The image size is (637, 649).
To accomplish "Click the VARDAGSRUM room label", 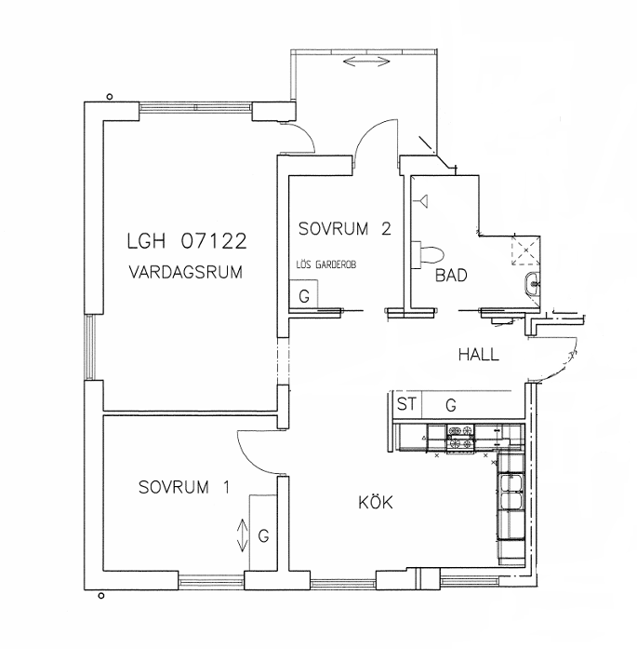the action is click(x=186, y=272).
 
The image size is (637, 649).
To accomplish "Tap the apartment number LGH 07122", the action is click(x=187, y=241).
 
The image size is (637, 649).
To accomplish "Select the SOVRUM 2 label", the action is click(x=345, y=228).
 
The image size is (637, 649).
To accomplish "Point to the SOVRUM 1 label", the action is click(x=184, y=487).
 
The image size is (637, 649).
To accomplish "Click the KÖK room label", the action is click(x=376, y=502).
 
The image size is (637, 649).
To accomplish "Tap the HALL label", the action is click(x=479, y=355).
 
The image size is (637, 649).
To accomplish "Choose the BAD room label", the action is click(x=451, y=276).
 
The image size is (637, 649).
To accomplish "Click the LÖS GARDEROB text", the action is click(x=326, y=264).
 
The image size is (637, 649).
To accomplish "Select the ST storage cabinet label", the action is click(x=406, y=404).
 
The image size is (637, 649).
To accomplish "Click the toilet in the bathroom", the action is click(x=428, y=253).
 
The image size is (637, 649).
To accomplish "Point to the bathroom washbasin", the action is click(x=533, y=285).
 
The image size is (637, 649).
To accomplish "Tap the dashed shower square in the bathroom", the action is click(x=525, y=250).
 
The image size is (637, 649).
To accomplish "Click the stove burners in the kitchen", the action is click(x=460, y=437).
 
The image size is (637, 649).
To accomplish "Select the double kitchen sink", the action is click(x=511, y=493).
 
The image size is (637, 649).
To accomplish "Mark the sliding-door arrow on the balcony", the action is click(x=366, y=62).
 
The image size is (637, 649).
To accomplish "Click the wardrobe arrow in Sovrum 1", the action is click(x=242, y=535).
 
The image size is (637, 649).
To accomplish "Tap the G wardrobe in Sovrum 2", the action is click(x=304, y=294).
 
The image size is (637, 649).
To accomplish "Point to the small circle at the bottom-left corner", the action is click(x=100, y=596).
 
